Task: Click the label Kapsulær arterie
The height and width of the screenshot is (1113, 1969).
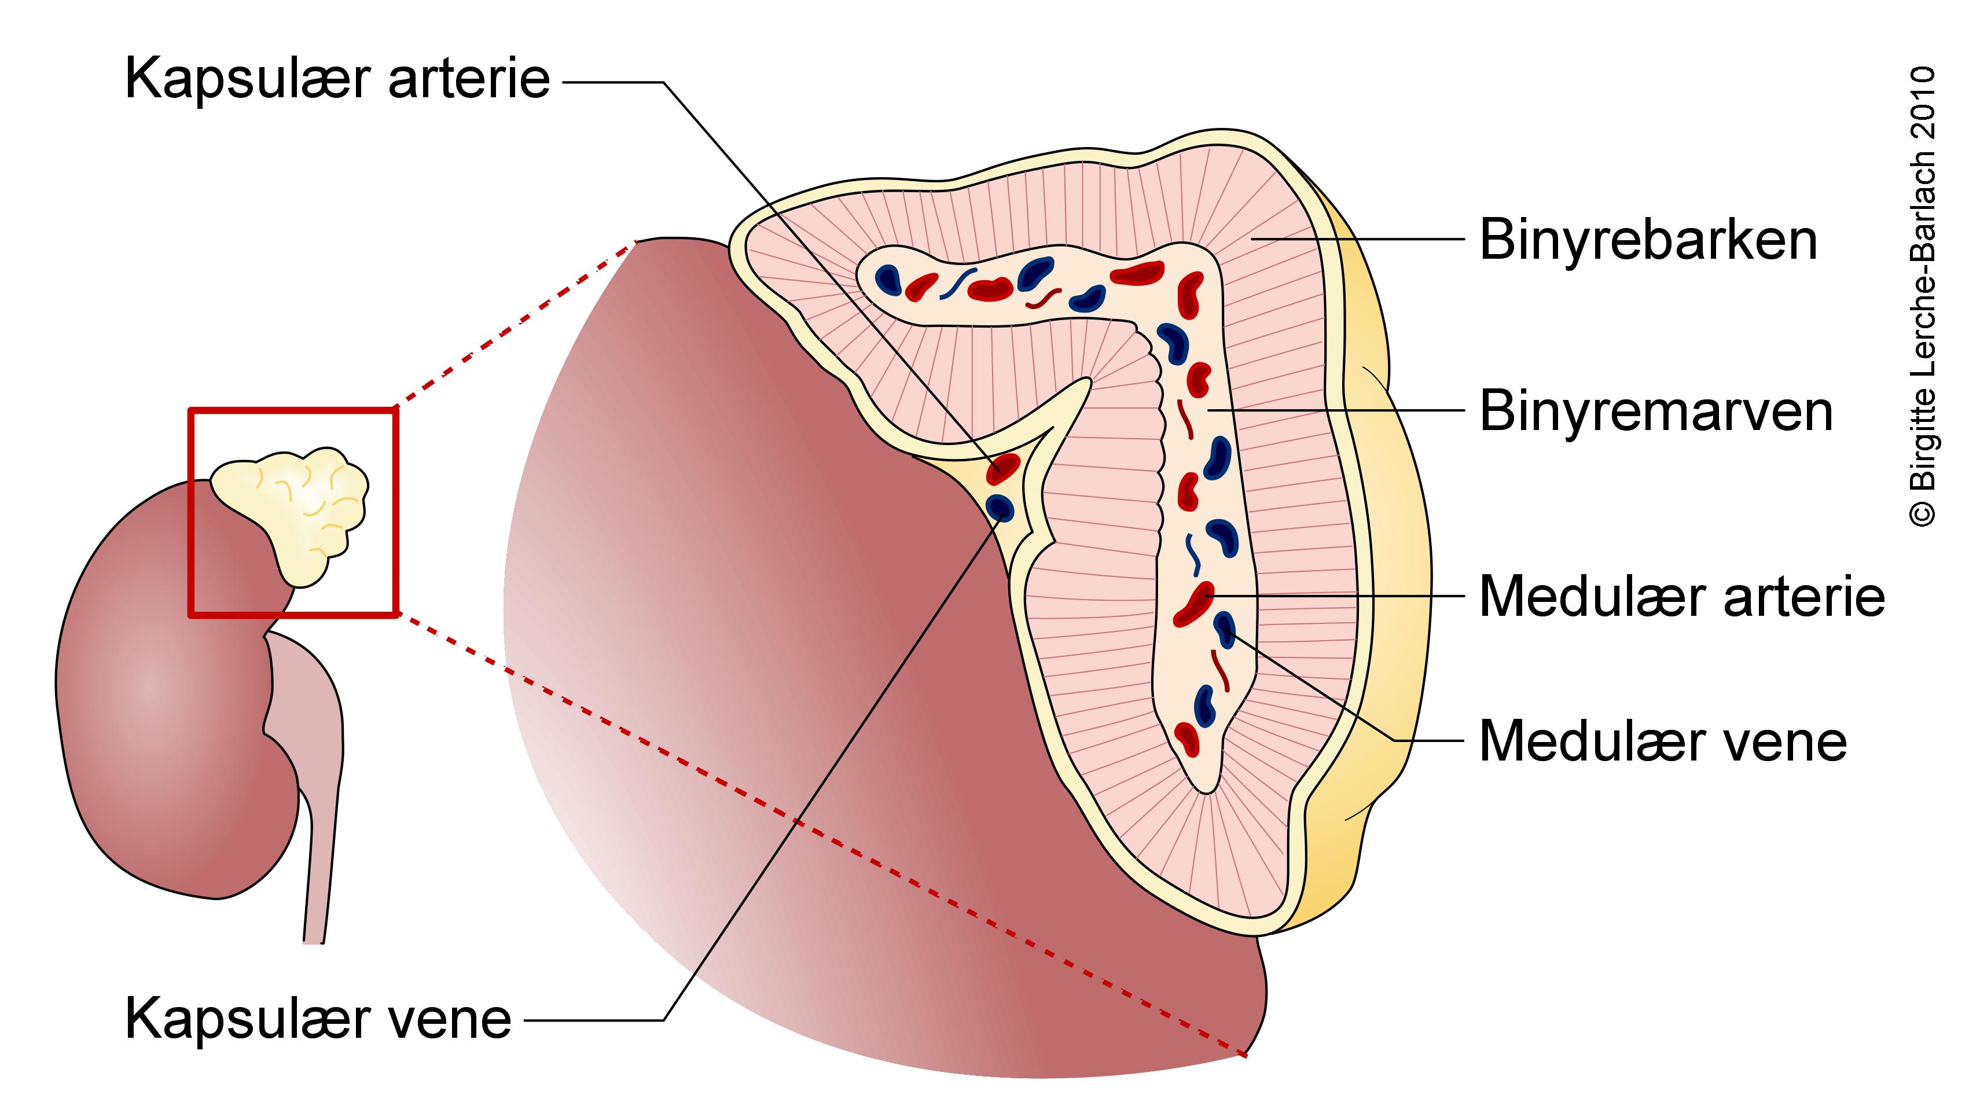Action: pyautogui.click(x=337, y=78)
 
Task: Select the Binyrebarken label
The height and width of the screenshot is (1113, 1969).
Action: pyautogui.click(x=1648, y=240)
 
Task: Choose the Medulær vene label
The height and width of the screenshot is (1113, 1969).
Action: pyautogui.click(x=1662, y=741)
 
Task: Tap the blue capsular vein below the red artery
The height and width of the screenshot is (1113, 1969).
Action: pyautogui.click(x=999, y=507)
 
